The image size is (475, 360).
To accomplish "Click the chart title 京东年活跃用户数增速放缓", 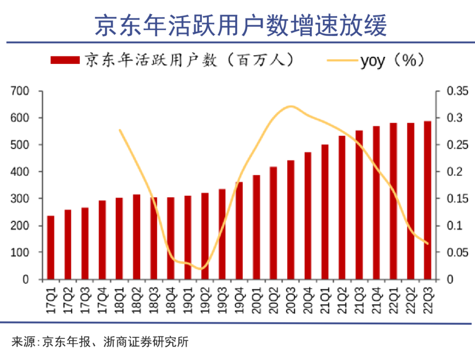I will [241, 25].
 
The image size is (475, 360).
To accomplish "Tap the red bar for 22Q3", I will [427, 200].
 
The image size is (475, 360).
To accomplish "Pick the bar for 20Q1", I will [256, 227].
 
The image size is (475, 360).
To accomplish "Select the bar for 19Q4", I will [239, 231].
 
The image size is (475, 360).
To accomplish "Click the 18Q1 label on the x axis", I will [119, 299].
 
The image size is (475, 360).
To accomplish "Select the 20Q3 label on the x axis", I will [291, 299].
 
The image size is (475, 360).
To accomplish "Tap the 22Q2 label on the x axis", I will [410, 299].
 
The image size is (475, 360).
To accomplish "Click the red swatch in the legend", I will [65, 61].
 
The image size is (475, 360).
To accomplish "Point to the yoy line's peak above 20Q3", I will [290, 106].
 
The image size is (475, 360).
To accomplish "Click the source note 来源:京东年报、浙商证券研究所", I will [100, 342].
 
